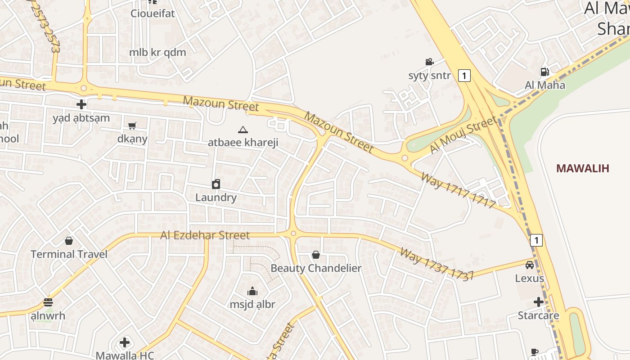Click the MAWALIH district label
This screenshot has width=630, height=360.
pyautogui.click(x=582, y=168)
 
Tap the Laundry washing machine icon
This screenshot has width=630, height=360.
pyautogui.click(x=216, y=184)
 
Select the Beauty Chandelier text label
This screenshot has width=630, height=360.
pyautogui.click(x=316, y=268)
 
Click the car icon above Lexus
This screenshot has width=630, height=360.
pyautogui.click(x=530, y=265)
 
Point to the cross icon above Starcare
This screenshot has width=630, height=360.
pyautogui.click(x=538, y=301)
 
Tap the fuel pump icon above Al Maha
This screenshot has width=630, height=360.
pyautogui.click(x=544, y=72)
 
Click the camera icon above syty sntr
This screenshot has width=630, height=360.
pyautogui.click(x=429, y=62)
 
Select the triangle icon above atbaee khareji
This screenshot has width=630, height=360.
pyautogui.click(x=243, y=130)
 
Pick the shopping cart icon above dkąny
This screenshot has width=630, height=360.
pyautogui.click(x=132, y=126)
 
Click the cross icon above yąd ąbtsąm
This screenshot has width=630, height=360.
pyautogui.click(x=81, y=105)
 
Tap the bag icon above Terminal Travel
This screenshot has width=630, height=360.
pyautogui.click(x=69, y=241)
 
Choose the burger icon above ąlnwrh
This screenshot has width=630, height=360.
pyautogui.click(x=48, y=302)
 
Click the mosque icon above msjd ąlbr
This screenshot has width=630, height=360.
pyautogui.click(x=252, y=291)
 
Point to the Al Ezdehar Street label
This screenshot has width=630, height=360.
pyautogui.click(x=205, y=235)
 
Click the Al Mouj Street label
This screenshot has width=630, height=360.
pyautogui.click(x=463, y=135)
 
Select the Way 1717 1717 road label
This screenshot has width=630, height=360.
pyautogui.click(x=458, y=189)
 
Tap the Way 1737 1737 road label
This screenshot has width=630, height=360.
pyautogui.click(x=436, y=264)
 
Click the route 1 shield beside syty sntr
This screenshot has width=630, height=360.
pyautogui.click(x=464, y=75)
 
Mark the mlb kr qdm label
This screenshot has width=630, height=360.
pyautogui.click(x=157, y=52)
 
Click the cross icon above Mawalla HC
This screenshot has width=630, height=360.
pyautogui.click(x=125, y=343)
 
